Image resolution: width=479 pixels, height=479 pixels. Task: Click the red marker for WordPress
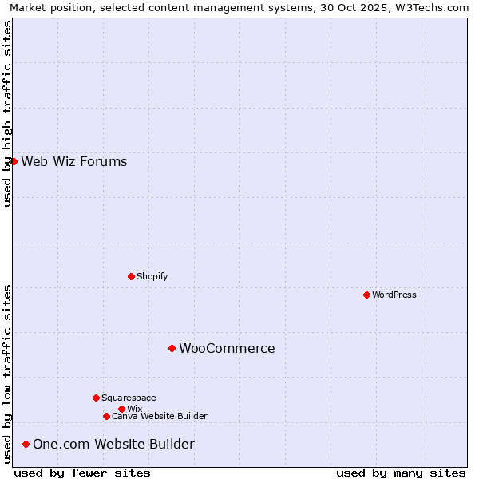point(366,295)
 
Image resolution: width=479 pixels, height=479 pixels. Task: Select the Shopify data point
point(131,276)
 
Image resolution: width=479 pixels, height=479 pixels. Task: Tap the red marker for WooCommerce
point(172,348)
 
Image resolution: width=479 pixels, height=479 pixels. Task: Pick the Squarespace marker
point(96,398)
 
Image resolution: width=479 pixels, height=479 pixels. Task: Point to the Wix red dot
point(121,409)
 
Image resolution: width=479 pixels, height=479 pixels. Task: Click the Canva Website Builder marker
point(106,416)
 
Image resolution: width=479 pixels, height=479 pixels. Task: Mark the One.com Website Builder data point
point(26,444)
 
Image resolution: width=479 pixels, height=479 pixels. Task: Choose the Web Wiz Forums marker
point(14,161)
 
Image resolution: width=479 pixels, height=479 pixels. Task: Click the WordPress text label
point(394,295)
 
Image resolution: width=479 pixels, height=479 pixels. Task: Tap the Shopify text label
point(152,276)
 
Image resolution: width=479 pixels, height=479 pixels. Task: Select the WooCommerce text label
point(227,348)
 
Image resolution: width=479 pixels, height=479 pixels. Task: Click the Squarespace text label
point(129,398)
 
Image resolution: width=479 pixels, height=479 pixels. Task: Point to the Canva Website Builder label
point(160,416)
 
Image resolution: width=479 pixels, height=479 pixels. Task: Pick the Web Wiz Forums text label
point(74,162)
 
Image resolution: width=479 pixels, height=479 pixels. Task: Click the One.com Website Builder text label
point(113,444)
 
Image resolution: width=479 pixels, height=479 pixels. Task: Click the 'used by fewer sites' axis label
point(82,473)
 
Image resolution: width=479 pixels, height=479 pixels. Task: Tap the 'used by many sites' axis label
point(401,473)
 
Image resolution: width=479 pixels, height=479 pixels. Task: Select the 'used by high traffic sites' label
point(7,113)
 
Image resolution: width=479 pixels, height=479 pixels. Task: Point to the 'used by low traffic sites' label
point(7,374)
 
